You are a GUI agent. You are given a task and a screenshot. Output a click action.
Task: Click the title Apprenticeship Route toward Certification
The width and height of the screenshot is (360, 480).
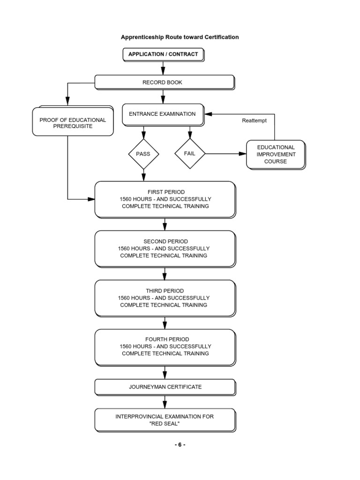pyautogui.click(x=180, y=37)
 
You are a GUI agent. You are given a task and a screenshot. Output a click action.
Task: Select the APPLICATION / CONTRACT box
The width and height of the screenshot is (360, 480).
pyautogui.click(x=163, y=54)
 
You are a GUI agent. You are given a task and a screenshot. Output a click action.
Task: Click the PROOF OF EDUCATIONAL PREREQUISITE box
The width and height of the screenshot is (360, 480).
pyautogui.click(x=73, y=123)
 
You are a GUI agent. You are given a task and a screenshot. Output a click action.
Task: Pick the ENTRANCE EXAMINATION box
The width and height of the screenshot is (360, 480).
pyautogui.click(x=162, y=114)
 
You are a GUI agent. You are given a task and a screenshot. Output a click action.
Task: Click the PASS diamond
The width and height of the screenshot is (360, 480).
pyautogui.click(x=143, y=154)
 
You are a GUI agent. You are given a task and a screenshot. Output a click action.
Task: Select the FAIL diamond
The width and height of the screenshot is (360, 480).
pyautogui.click(x=190, y=154)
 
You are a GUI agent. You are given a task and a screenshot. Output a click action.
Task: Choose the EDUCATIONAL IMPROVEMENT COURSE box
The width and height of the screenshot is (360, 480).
pyautogui.click(x=276, y=154)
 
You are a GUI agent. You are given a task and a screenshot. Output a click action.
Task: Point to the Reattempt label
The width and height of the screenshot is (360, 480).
pyautogui.click(x=254, y=120)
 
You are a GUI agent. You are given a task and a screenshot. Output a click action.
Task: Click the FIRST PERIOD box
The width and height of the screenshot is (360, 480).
pyautogui.click(x=165, y=199)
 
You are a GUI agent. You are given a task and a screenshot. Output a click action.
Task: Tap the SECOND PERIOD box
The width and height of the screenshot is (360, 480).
pyautogui.click(x=165, y=248)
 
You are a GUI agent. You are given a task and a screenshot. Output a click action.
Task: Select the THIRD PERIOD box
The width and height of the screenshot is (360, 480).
pyautogui.click(x=165, y=298)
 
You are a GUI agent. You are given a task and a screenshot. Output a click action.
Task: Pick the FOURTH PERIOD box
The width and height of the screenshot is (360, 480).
pyautogui.click(x=165, y=346)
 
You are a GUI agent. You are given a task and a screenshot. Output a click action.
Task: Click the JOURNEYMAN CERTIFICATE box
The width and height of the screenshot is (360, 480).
pyautogui.click(x=165, y=387)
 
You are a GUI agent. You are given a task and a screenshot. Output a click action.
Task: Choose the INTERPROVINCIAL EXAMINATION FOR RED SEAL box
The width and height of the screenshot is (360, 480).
pyautogui.click(x=165, y=420)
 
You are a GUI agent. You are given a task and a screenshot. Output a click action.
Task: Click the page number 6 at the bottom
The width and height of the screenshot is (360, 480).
pyautogui.click(x=180, y=445)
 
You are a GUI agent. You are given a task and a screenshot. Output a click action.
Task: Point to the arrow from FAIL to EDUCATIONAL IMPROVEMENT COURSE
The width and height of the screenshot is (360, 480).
pyautogui.click(x=225, y=154)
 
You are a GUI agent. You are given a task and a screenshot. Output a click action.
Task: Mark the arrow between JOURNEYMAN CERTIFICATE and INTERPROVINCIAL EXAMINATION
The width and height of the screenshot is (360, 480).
pyautogui.click(x=165, y=402)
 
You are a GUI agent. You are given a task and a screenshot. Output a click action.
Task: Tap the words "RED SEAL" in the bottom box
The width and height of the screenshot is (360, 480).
pyautogui.click(x=165, y=423)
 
